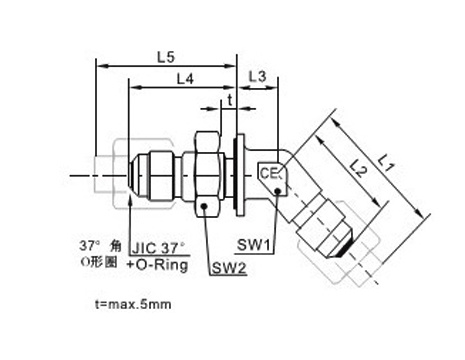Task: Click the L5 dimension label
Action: tap(166, 57)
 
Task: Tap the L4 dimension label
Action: tap(185, 79)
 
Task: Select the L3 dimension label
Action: tap(258, 77)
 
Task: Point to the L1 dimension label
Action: tap(386, 163)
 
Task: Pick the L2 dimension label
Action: tap(359, 168)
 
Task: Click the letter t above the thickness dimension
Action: tap(230, 99)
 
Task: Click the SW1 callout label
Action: tap(253, 245)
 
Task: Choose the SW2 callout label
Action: tap(229, 268)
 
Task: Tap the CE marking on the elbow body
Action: tap(269, 173)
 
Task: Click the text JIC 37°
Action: tap(158, 248)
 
